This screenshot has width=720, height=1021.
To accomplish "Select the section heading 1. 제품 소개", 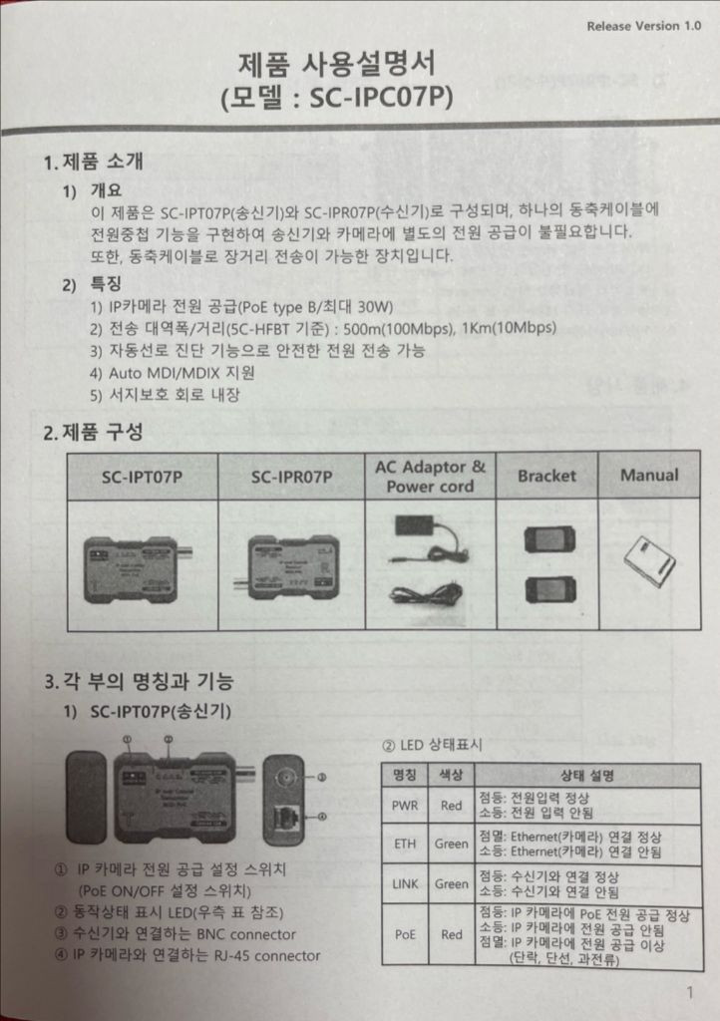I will [93, 162].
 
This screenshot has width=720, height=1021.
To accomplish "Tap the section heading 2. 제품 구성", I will [93, 433].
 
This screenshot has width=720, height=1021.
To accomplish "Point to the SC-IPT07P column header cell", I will [142, 478].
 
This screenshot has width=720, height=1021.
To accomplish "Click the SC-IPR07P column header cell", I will [292, 478].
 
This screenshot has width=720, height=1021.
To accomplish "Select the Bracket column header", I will [546, 476].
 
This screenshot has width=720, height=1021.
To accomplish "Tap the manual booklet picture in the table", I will [649, 560].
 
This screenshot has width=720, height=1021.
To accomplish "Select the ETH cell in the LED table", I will [404, 845].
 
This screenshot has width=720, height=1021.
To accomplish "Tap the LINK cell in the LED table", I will [404, 883].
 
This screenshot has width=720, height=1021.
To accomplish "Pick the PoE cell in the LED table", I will [404, 935].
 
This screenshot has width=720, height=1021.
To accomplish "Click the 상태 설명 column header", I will [586, 775].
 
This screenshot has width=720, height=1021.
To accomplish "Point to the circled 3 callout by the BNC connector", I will [322, 777].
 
